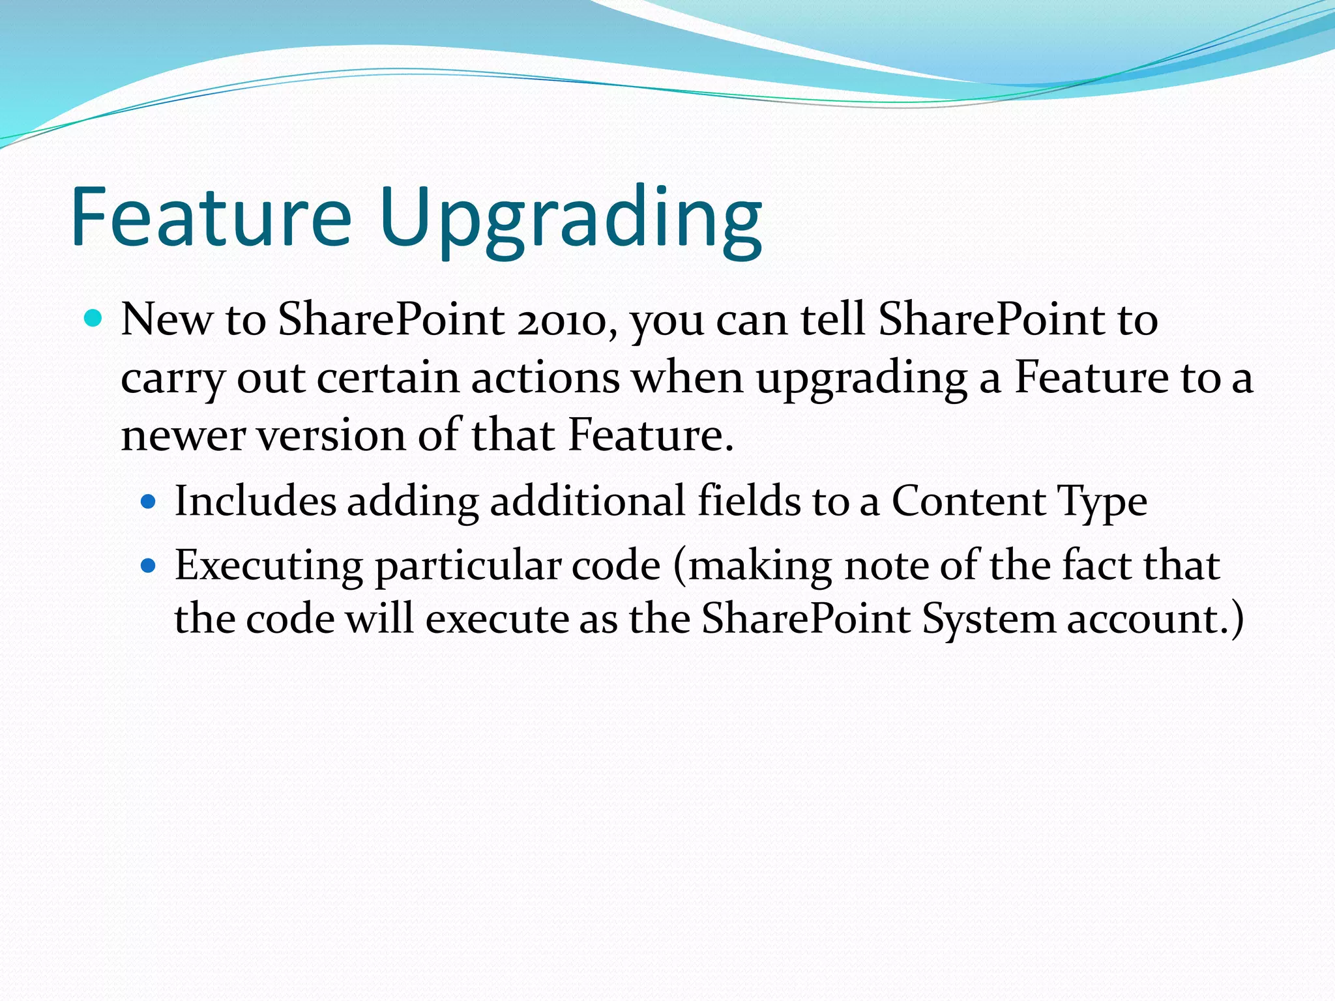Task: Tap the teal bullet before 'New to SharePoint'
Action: [x=94, y=319]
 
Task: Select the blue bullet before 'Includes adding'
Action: [x=149, y=502]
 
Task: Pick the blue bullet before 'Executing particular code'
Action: [x=149, y=566]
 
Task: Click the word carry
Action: [x=172, y=379]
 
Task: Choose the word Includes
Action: [x=255, y=501]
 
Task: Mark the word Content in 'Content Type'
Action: [x=967, y=501]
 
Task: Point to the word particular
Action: [x=467, y=566]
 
